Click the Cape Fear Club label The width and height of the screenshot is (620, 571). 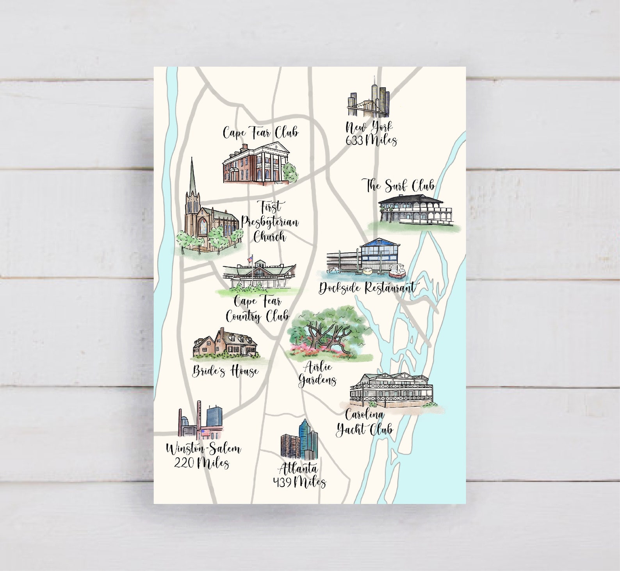[x=260, y=132]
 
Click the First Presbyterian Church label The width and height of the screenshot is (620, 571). [x=270, y=222]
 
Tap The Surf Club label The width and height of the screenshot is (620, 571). [x=399, y=186]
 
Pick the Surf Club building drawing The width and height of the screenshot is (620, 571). [x=415, y=210]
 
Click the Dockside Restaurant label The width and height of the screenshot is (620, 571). [x=367, y=288]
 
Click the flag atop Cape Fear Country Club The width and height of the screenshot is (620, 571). [x=250, y=259]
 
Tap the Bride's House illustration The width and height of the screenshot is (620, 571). [x=226, y=344]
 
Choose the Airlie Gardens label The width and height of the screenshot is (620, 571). [x=318, y=374]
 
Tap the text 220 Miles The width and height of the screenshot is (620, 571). [x=201, y=463]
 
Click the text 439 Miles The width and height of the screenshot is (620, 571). [x=299, y=482]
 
